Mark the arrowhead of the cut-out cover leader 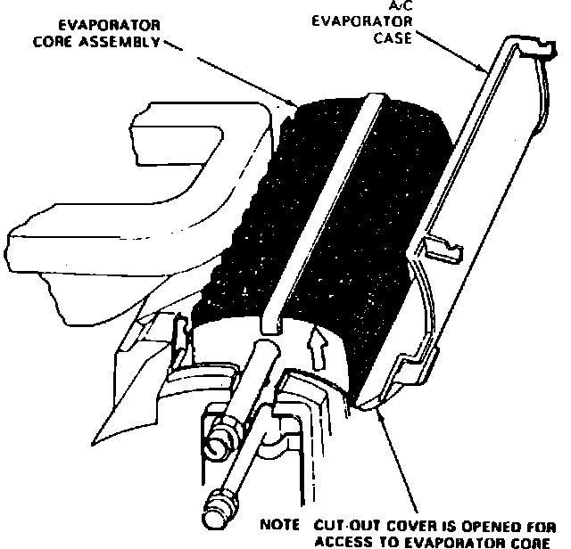click(x=378, y=407)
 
